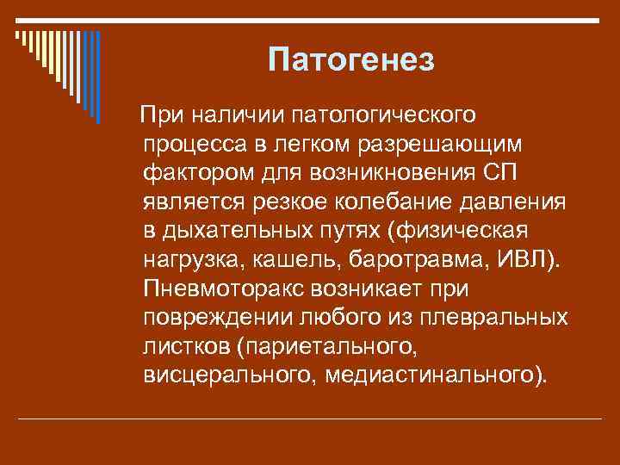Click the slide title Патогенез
click(x=352, y=61)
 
